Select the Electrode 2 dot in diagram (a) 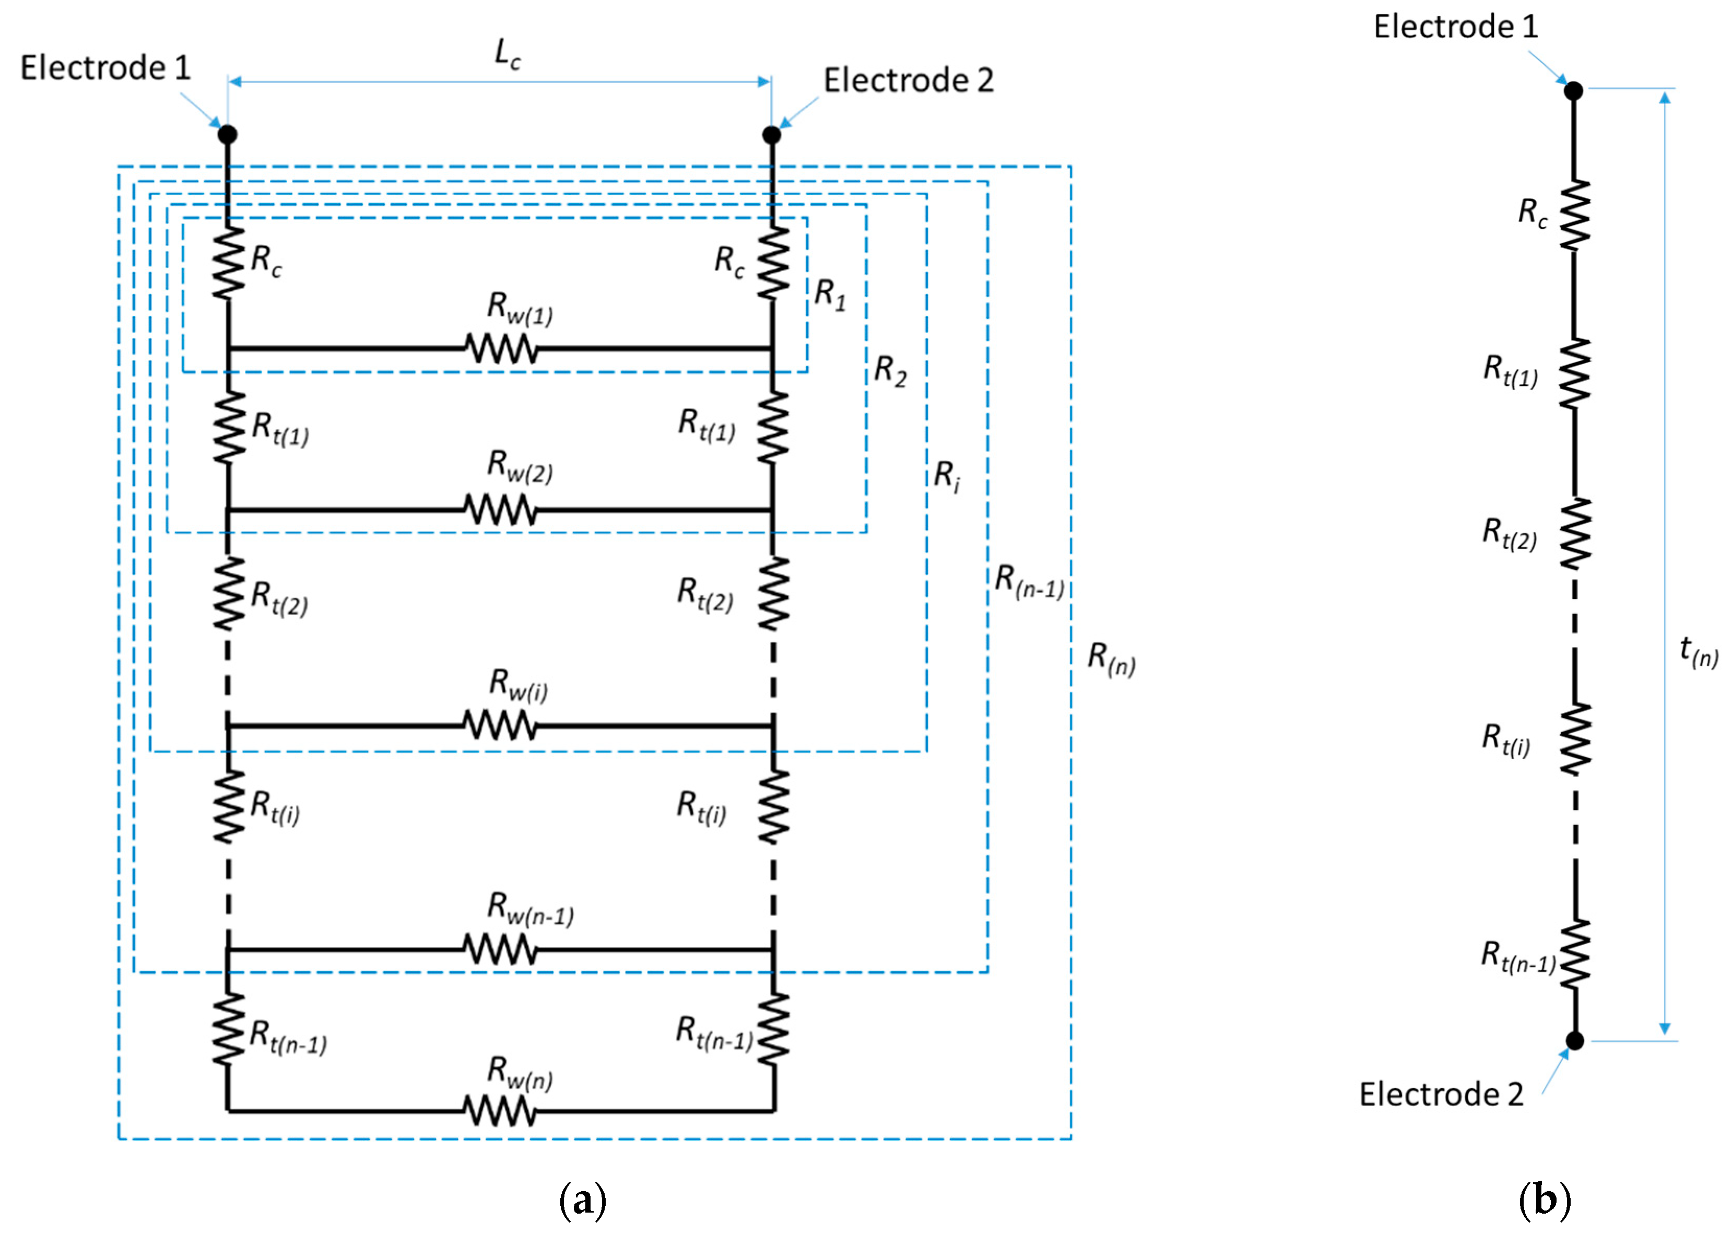click(771, 135)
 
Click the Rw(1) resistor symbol click(501, 349)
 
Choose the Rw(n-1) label click(530, 909)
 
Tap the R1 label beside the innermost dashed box click(830, 294)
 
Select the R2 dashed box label click(890, 371)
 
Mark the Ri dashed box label click(947, 476)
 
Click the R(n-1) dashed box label click(1029, 581)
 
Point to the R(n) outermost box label click(1111, 658)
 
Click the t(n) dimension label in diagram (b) click(1699, 651)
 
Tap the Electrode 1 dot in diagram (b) click(1573, 90)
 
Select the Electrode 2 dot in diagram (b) click(1575, 1040)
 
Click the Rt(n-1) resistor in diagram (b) click(1575, 955)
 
